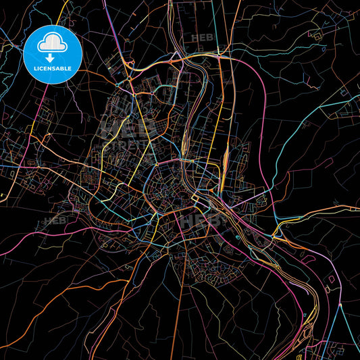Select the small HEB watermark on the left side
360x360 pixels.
(x=55, y=220)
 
